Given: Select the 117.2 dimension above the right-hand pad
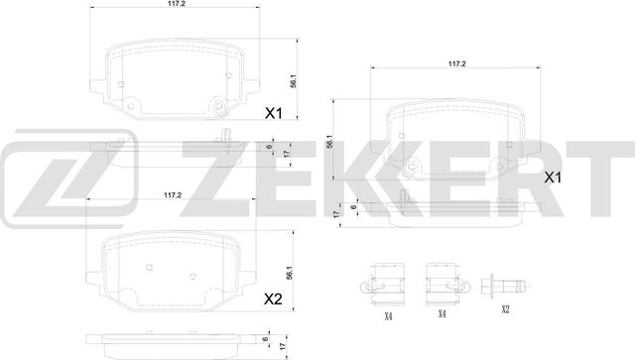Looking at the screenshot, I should pos(456,63).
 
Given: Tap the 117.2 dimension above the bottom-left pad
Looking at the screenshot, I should pos(172,195).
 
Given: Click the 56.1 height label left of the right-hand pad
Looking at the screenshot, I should pos(330,143).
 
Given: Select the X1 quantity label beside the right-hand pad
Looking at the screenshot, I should pos(554,179).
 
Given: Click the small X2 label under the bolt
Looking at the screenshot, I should pos(504,309).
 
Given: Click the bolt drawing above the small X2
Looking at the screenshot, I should pos(503,284).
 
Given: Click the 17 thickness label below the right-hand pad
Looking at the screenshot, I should pos(338,212).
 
